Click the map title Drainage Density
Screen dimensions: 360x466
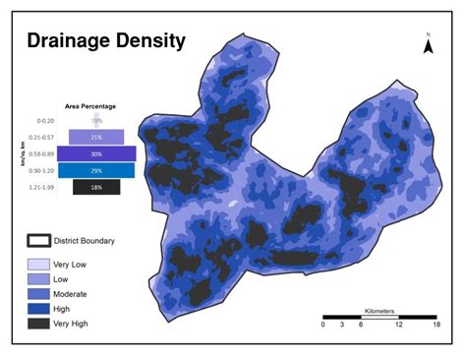click(x=105, y=40)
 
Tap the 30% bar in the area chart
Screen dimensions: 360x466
click(x=96, y=153)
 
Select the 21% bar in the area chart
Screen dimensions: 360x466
click(x=96, y=137)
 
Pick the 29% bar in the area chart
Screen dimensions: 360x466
click(x=96, y=170)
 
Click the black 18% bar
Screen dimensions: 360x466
click(x=96, y=187)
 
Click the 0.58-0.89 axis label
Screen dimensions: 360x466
click(x=41, y=153)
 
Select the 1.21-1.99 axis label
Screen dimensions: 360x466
click(x=41, y=187)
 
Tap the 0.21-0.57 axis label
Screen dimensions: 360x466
click(x=41, y=137)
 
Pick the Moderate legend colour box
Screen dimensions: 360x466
click(x=38, y=293)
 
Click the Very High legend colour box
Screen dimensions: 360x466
click(x=38, y=323)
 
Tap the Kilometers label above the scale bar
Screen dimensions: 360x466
click(x=380, y=310)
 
